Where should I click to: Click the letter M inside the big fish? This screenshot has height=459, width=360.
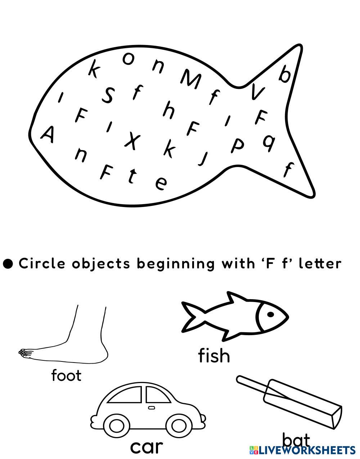(191, 79)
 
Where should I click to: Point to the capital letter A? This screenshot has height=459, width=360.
(48, 135)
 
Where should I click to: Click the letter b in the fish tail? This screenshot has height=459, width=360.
(285, 74)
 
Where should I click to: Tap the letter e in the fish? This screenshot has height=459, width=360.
(161, 183)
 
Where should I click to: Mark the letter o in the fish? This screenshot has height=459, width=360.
(128, 58)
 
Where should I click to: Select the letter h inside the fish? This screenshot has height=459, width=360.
(168, 110)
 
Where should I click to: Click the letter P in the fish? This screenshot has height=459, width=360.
(237, 145)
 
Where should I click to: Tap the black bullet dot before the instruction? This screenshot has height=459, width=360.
(8, 264)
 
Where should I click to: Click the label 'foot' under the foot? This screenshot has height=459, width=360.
(66, 375)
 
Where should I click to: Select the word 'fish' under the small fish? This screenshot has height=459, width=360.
(214, 356)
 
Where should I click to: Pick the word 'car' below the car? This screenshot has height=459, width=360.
(146, 447)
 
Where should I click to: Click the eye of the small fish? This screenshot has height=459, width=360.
(271, 314)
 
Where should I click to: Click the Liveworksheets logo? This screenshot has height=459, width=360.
(302, 450)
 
